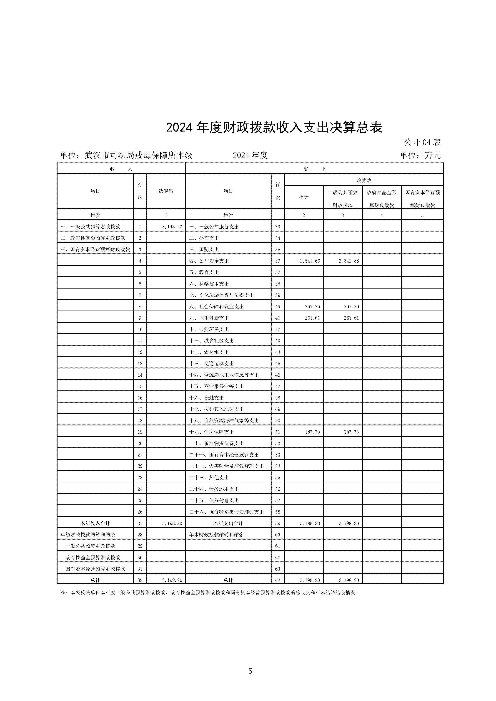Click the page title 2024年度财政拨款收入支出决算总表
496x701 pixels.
tap(274, 128)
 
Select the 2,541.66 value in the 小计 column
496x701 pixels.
tap(310, 261)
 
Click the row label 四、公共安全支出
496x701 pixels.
tap(209, 261)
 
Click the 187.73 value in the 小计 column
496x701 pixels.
tap(312, 432)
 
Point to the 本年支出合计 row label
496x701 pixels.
tap(228, 523)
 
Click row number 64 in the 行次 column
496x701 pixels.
tap(278, 580)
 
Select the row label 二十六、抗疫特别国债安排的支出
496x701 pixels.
tap(226, 512)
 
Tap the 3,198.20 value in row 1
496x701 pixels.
tap(172, 227)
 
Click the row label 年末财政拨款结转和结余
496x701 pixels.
tap(216, 535)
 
